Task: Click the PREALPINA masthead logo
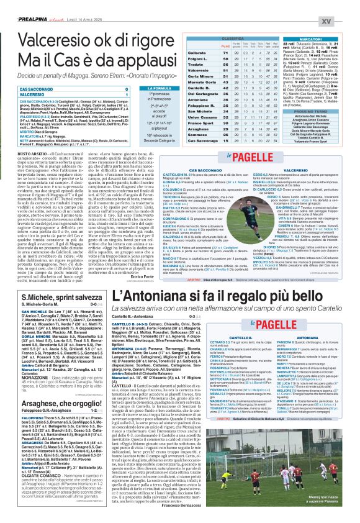pyautogui.click(x=24, y=5)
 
